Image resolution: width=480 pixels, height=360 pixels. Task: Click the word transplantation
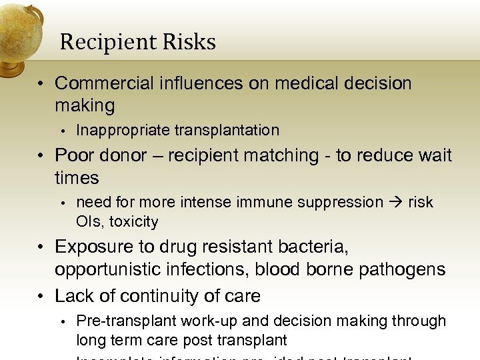[227, 130]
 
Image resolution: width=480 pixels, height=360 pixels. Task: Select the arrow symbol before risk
[395, 203]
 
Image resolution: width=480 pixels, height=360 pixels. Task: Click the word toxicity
[134, 221]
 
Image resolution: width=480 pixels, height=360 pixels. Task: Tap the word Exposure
[93, 247]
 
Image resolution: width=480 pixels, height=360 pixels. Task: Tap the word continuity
[154, 295]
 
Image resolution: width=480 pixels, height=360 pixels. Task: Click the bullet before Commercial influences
[41, 84]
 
